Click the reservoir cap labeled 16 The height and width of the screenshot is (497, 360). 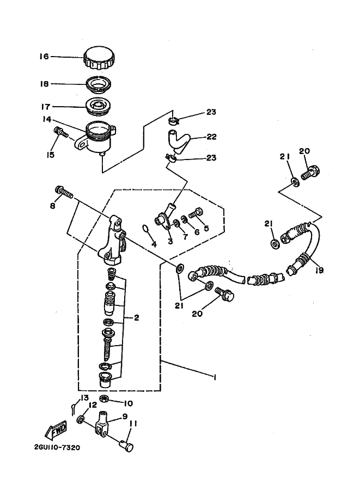[99, 58]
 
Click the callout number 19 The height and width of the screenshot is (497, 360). [319, 269]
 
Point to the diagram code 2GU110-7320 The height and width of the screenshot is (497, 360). [53, 448]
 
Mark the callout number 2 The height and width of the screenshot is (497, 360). [136, 318]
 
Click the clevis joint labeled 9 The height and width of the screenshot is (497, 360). [102, 426]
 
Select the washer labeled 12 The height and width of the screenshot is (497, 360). [81, 420]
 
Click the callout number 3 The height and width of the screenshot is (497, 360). [170, 241]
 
